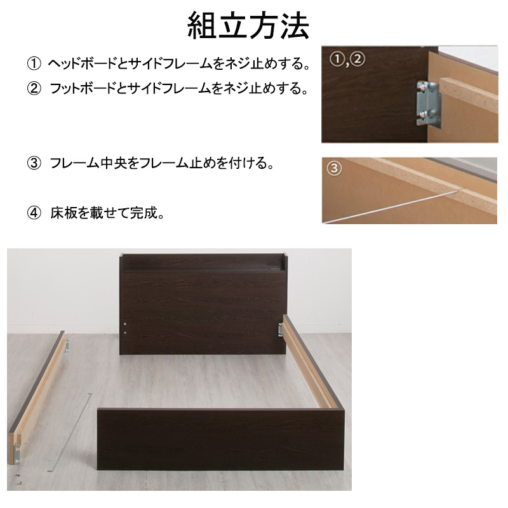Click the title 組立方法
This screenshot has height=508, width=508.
(248, 26)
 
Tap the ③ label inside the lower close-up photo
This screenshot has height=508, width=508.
(334, 169)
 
